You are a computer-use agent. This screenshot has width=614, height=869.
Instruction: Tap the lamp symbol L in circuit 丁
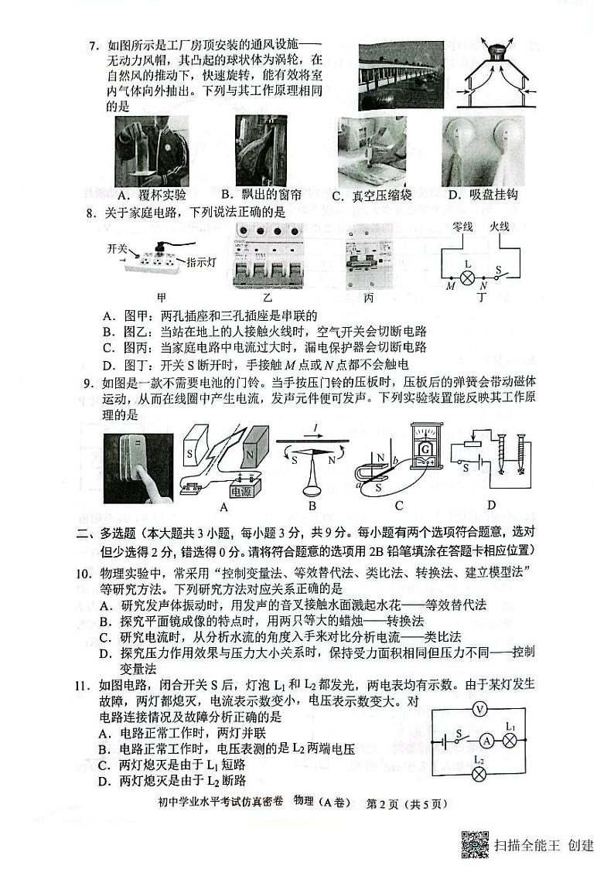point(467,276)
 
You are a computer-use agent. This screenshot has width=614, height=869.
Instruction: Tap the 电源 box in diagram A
point(234,489)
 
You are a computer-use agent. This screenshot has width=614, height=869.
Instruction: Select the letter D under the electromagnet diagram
point(490,506)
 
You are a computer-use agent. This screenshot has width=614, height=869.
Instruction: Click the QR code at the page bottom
point(473,843)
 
